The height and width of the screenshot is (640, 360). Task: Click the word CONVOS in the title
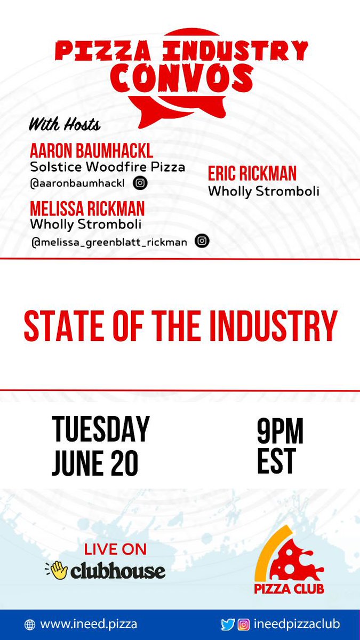182,78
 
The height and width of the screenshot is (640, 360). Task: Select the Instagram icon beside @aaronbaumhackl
140,183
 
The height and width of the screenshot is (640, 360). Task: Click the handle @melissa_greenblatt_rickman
109,242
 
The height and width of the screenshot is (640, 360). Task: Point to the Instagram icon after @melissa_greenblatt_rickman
202,241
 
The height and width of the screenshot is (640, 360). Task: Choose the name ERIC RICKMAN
252,174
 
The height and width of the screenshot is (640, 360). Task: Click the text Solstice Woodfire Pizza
108,167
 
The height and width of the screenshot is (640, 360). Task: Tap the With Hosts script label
64,125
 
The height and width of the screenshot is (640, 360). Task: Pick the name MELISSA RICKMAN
87,208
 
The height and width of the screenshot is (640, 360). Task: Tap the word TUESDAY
101,430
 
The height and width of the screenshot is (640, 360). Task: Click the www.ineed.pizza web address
89,624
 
